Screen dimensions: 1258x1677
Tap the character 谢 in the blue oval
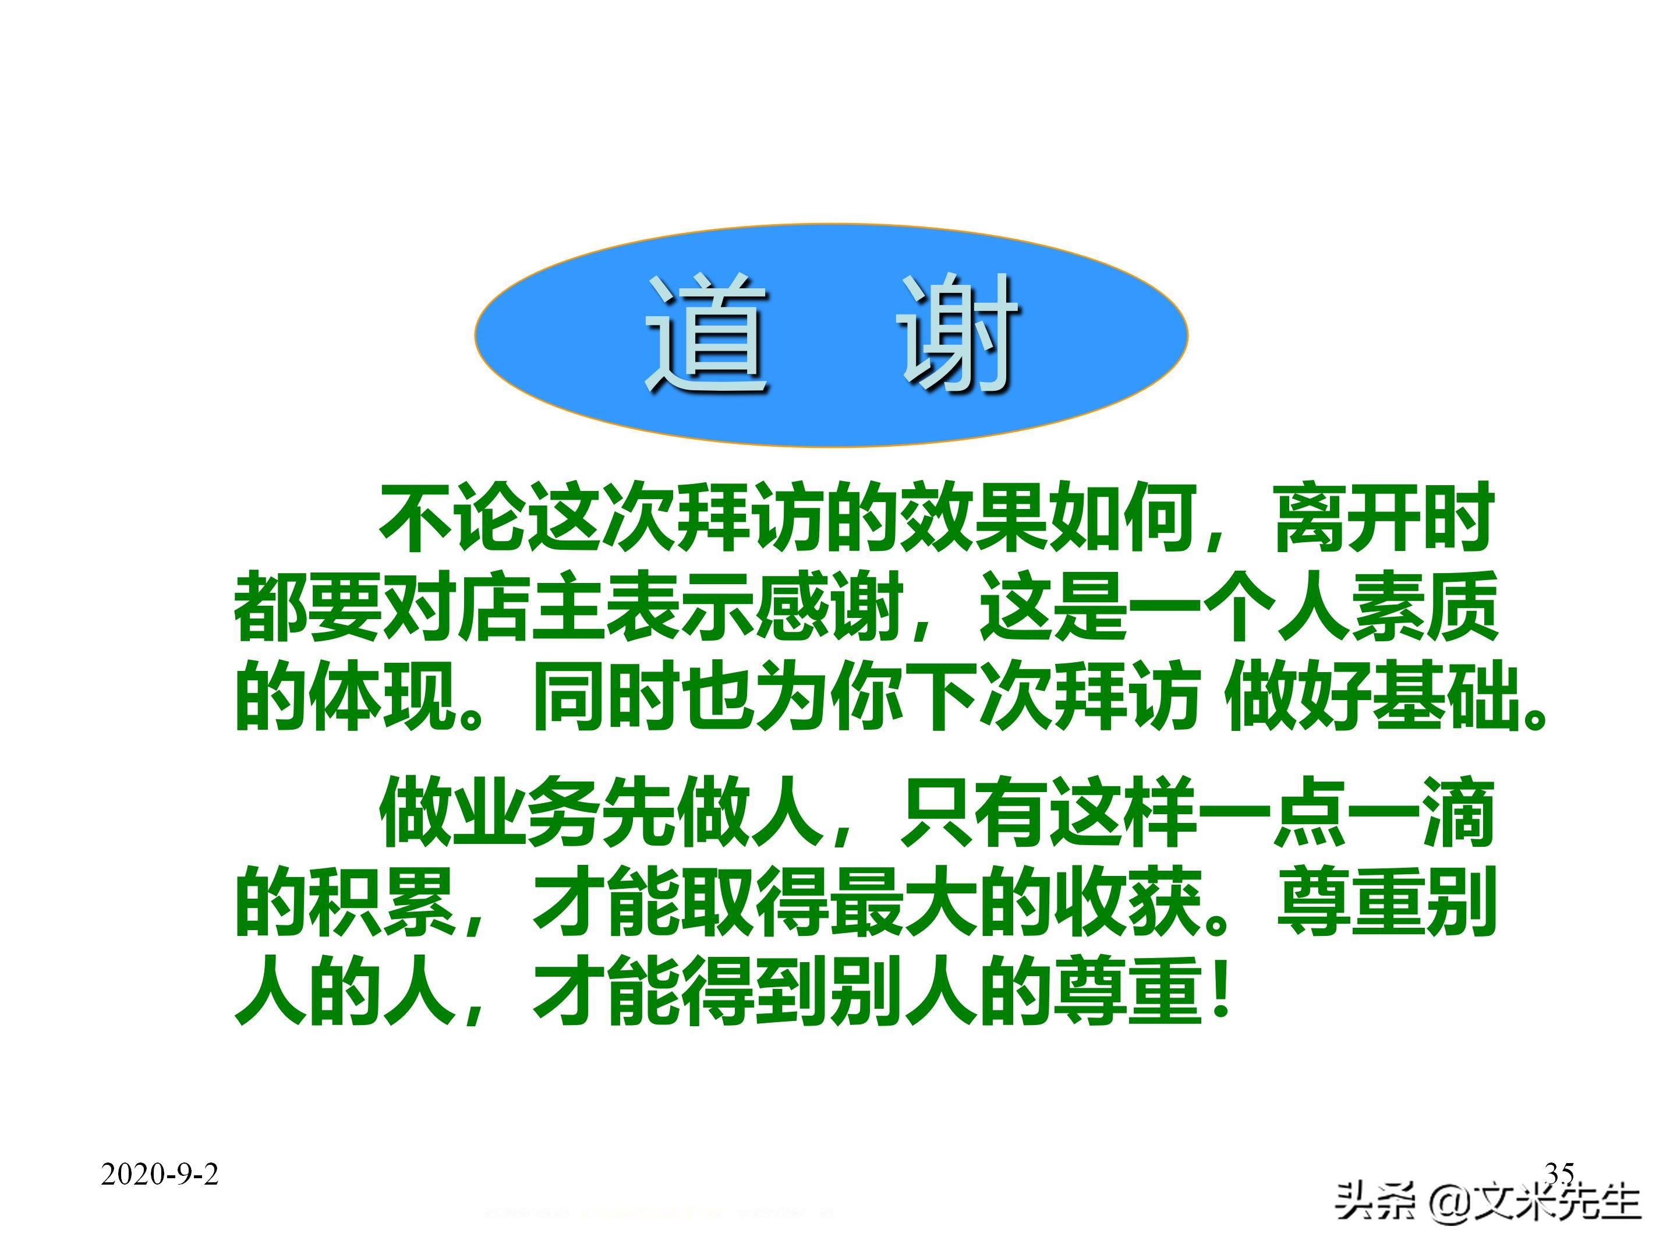[x=957, y=334]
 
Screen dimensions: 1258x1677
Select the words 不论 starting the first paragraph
[x=454, y=517]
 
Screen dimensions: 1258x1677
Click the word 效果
[x=972, y=517]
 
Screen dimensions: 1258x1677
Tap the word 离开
[x=1346, y=517]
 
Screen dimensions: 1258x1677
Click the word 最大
[x=902, y=902]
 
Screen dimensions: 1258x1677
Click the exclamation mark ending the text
[x=1220, y=990]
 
